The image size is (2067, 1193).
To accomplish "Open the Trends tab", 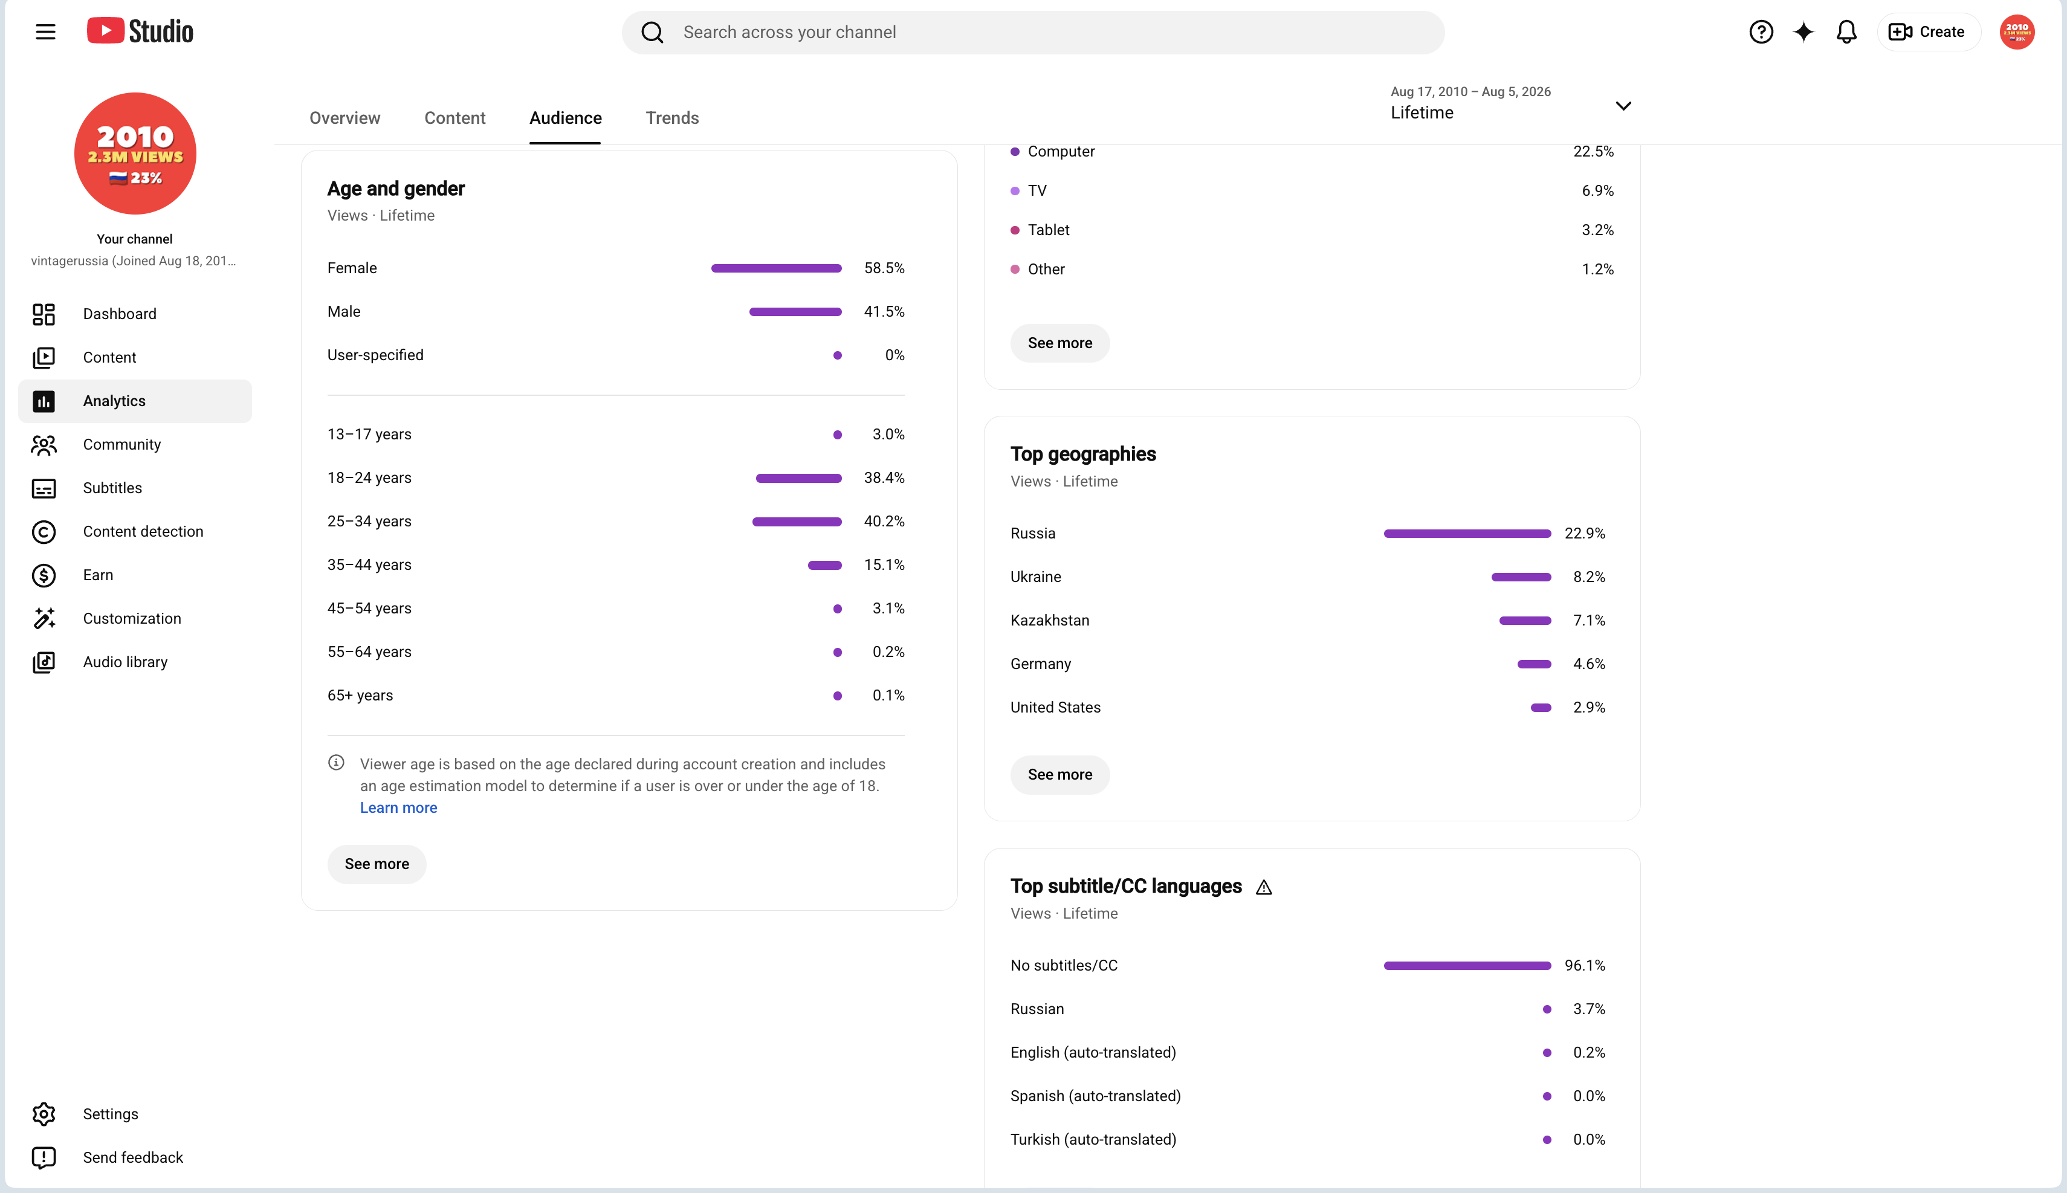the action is coord(672,118).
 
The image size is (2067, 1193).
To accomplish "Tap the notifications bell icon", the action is coord(1846,32).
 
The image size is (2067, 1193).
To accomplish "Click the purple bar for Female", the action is coord(776,268).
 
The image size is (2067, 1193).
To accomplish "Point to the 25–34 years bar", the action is coord(797,521).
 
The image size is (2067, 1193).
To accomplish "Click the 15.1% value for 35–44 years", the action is coord(884,564).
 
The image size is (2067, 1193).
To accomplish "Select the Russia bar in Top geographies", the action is coord(1466,534).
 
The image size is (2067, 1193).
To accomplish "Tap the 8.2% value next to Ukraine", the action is coord(1588,577).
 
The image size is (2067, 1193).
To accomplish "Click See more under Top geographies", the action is coord(1059,774).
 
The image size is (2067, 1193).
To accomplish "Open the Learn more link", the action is coord(398,808).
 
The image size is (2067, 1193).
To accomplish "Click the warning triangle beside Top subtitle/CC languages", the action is coord(1263,887).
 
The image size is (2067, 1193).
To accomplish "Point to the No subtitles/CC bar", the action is coord(1466,965).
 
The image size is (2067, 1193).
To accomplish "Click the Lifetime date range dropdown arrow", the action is coord(1623,106).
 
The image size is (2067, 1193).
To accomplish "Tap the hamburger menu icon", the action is coord(46,32).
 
